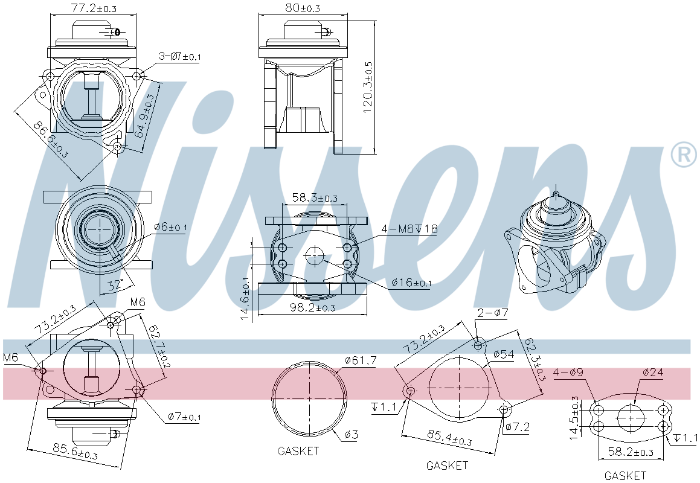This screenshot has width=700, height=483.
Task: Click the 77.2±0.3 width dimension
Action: [x=94, y=8]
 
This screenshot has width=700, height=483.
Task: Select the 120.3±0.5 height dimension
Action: [x=368, y=87]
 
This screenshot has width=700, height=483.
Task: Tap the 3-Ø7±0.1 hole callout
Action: [x=180, y=56]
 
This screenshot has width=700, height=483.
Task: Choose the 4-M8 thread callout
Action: [x=409, y=229]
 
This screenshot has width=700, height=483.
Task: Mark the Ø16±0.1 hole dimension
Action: [x=412, y=283]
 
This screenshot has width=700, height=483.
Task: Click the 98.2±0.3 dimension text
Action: [x=312, y=307]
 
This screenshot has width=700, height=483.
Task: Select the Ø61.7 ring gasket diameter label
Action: [x=361, y=360]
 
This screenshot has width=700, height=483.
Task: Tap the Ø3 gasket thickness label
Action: [x=351, y=434]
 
